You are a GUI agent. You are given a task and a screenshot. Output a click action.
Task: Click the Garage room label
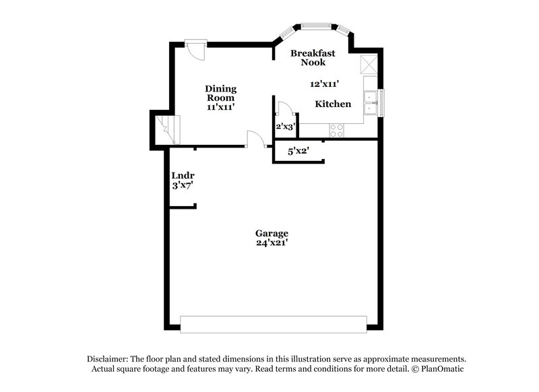pyautogui.click(x=272, y=233)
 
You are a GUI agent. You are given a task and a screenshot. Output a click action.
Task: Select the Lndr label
pyautogui.click(x=183, y=175)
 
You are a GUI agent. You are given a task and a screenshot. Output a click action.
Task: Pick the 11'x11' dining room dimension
pyautogui.click(x=220, y=106)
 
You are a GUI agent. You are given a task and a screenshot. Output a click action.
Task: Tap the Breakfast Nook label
pyautogui.click(x=308, y=57)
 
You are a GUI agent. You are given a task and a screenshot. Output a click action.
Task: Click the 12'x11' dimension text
pyautogui.click(x=324, y=84)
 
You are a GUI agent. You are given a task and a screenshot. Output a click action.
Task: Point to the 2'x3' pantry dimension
pyautogui.click(x=285, y=126)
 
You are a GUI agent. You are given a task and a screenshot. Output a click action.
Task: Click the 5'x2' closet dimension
pyautogui.click(x=298, y=151)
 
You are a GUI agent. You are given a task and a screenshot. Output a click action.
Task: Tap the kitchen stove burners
pyautogui.click(x=336, y=130)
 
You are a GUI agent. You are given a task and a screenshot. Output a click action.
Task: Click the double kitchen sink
pyautogui.click(x=370, y=102)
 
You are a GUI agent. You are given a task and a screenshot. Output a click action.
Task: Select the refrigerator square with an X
pyautogui.click(x=369, y=65)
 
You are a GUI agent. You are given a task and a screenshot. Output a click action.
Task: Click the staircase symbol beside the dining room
pyautogui.click(x=166, y=129)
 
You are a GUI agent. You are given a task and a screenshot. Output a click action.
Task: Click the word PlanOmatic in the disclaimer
pyautogui.click(x=441, y=369)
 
